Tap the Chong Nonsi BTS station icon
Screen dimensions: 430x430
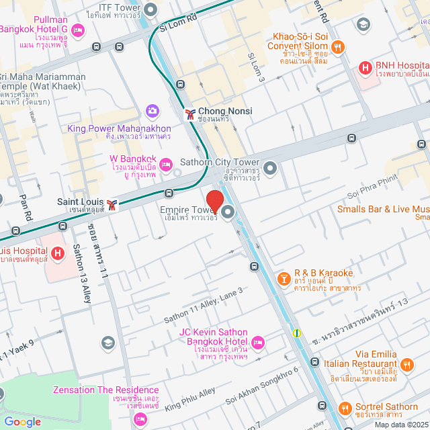pyautogui.click(x=191, y=114)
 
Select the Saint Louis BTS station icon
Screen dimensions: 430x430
pyautogui.click(x=112, y=204)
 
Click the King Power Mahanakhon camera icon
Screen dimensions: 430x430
pyautogui.click(x=153, y=110)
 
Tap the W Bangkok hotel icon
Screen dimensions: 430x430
pyautogui.click(x=165, y=164)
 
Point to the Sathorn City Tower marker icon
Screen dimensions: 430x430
pyautogui.click(x=270, y=168)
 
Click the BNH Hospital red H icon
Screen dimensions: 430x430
pyautogui.click(x=365, y=67)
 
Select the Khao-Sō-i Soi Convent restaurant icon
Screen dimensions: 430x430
pyautogui.click(x=338, y=47)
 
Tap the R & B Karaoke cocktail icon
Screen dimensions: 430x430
pyautogui.click(x=284, y=277)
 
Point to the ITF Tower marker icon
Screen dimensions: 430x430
pyautogui.click(x=150, y=9)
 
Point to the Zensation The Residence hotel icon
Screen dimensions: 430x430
pyautogui.click(x=140, y=419)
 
